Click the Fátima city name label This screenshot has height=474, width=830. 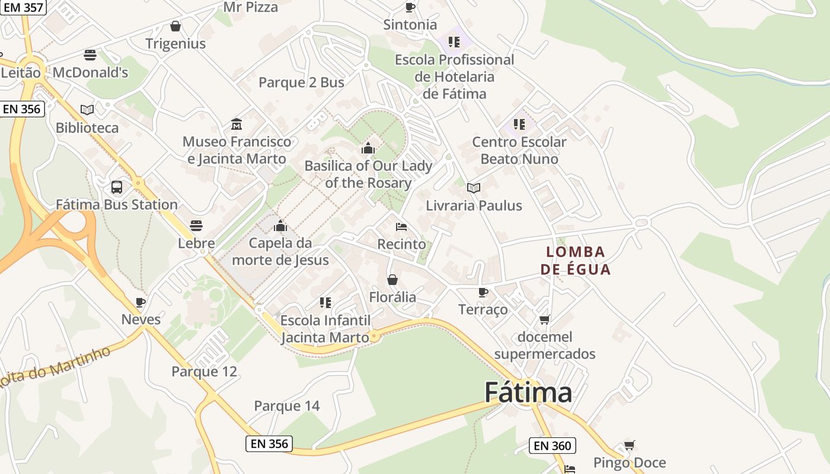(528, 393)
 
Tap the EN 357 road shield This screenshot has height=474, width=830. (23, 7)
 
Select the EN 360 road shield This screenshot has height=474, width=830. (552, 446)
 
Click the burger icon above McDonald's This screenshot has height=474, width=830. (90, 55)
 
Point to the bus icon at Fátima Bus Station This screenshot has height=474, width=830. (117, 187)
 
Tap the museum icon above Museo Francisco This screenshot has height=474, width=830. (237, 124)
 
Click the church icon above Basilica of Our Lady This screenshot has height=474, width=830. (368, 148)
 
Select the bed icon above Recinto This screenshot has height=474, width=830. (401, 226)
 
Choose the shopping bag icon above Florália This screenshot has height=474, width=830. (392, 280)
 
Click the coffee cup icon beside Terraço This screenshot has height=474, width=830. (483, 292)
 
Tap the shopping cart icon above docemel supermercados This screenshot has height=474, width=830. (544, 319)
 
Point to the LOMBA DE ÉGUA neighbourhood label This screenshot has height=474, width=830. (575, 261)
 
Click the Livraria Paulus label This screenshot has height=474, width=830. (474, 206)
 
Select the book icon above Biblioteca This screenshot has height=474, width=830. (87, 110)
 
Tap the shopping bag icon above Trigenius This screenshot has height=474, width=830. (175, 26)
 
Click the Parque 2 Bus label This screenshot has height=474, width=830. (301, 82)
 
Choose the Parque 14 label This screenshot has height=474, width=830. (286, 406)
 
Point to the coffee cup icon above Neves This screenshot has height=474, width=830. (141, 302)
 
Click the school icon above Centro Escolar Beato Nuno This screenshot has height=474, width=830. (519, 124)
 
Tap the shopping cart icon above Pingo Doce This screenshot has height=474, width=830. (630, 445)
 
